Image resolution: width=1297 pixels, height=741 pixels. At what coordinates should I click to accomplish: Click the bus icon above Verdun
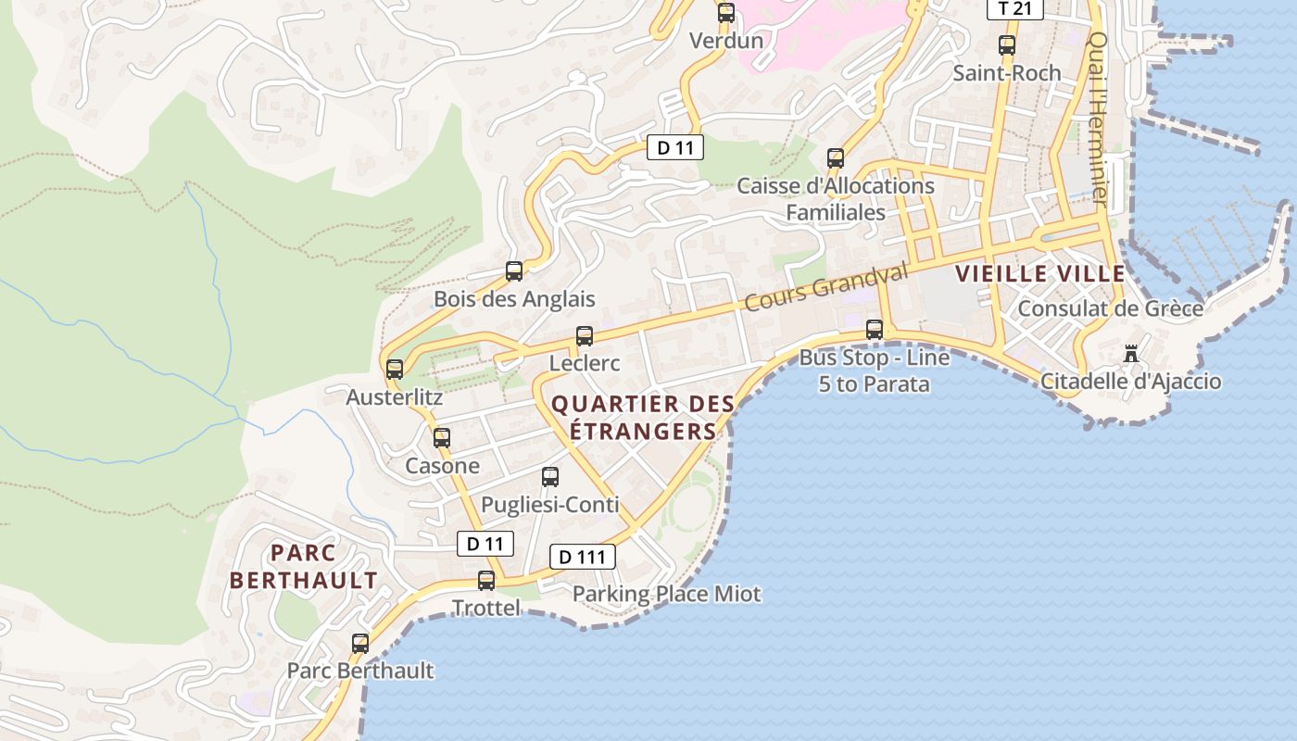pyautogui.click(x=726, y=13)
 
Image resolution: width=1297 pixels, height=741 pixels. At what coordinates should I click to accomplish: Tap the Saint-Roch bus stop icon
pyautogui.click(x=1007, y=44)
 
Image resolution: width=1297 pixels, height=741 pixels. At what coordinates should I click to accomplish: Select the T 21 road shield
pyautogui.click(x=1015, y=9)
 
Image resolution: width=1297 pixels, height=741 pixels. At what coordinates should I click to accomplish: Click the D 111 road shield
pyautogui.click(x=583, y=557)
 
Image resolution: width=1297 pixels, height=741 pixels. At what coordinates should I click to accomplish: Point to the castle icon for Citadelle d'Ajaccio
pyautogui.click(x=1130, y=353)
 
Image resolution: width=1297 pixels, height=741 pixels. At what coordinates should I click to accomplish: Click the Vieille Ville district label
pyautogui.click(x=1040, y=273)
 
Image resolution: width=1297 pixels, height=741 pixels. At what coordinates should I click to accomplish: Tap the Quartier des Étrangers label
pyautogui.click(x=643, y=418)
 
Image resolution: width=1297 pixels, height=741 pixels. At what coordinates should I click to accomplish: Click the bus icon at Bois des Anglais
pyautogui.click(x=514, y=271)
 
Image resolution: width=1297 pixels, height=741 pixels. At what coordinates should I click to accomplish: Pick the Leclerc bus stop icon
pyautogui.click(x=585, y=336)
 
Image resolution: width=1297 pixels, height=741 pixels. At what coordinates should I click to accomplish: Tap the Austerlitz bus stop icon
pyautogui.click(x=395, y=369)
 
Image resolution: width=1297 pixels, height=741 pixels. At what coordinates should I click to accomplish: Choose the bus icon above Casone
pyautogui.click(x=442, y=437)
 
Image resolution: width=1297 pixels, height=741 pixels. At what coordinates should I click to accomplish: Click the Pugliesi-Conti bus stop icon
pyautogui.click(x=550, y=477)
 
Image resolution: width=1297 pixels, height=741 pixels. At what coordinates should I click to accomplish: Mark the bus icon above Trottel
pyautogui.click(x=486, y=581)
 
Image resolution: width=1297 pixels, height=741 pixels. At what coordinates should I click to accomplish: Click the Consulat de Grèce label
pyautogui.click(x=1110, y=308)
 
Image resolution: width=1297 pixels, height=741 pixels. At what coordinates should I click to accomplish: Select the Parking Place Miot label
pyautogui.click(x=666, y=594)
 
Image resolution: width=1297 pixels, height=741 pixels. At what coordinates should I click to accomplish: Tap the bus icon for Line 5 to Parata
pyautogui.click(x=875, y=329)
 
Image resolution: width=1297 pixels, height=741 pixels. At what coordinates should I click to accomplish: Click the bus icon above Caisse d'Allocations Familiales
pyautogui.click(x=836, y=158)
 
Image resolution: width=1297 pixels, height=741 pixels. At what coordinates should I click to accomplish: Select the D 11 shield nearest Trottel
pyautogui.click(x=485, y=544)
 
